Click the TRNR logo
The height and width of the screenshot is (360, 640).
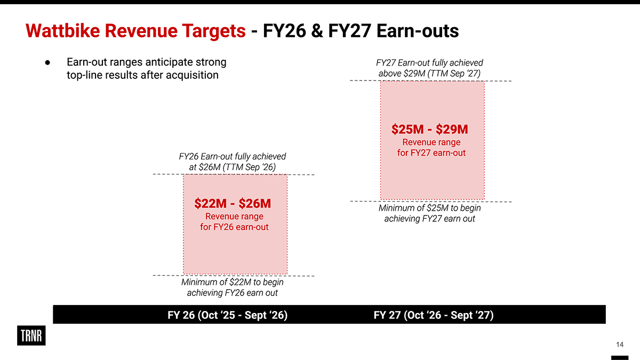[x=31, y=335]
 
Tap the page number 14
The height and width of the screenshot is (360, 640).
[x=620, y=343]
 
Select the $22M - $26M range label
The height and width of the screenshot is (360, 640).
[x=233, y=204]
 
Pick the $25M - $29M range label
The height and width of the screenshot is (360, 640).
[x=430, y=130]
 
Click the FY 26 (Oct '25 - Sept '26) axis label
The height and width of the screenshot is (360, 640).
[x=228, y=315]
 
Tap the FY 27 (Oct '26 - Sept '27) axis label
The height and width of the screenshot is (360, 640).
[x=434, y=315]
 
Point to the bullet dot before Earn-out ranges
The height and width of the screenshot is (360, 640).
[x=47, y=62]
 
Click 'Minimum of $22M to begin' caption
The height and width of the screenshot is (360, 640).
[x=233, y=282]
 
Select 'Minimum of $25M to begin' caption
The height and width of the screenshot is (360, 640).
[x=430, y=207]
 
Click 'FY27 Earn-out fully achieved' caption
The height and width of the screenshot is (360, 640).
[x=430, y=63]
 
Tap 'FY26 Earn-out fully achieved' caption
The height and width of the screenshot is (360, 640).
[x=233, y=156]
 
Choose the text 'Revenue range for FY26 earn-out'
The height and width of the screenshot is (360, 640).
[x=234, y=222]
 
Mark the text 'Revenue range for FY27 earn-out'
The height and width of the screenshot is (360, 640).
[x=431, y=148]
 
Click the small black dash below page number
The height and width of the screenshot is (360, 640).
[x=619, y=357]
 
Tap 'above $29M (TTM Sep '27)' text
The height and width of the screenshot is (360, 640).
[x=430, y=74]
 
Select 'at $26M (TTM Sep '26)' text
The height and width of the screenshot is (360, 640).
[x=233, y=167]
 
